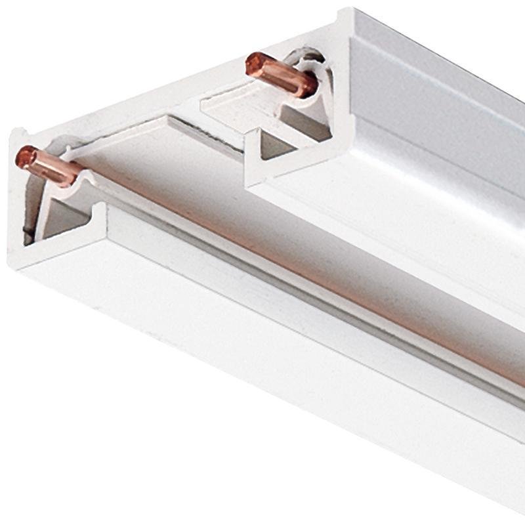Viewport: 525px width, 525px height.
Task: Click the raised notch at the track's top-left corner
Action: point(16,135)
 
